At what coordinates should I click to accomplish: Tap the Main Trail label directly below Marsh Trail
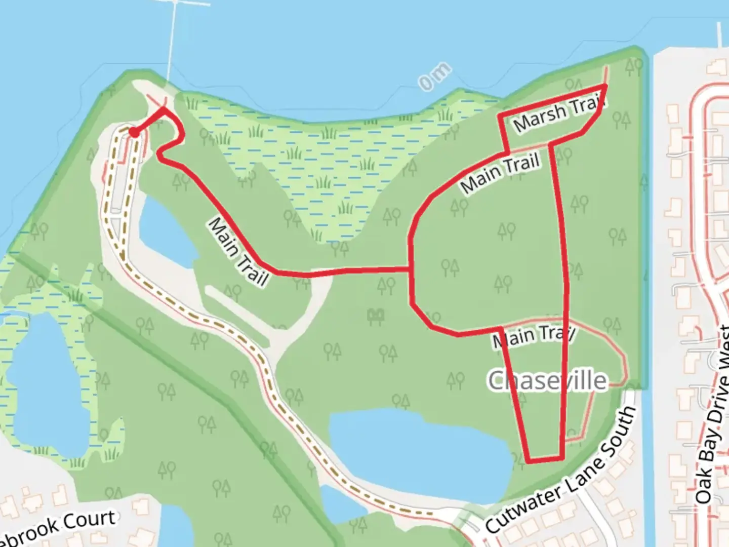pos(500,173)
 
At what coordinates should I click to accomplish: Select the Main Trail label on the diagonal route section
pos(238,252)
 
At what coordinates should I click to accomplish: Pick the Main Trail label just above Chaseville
pos(534,336)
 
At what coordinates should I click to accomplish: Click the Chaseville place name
pos(547,380)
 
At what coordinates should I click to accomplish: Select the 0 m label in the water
pos(434,77)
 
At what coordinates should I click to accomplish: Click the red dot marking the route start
pos(134,132)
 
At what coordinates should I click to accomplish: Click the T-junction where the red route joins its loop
pos(410,269)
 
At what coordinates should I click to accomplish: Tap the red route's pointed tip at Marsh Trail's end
pos(605,86)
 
